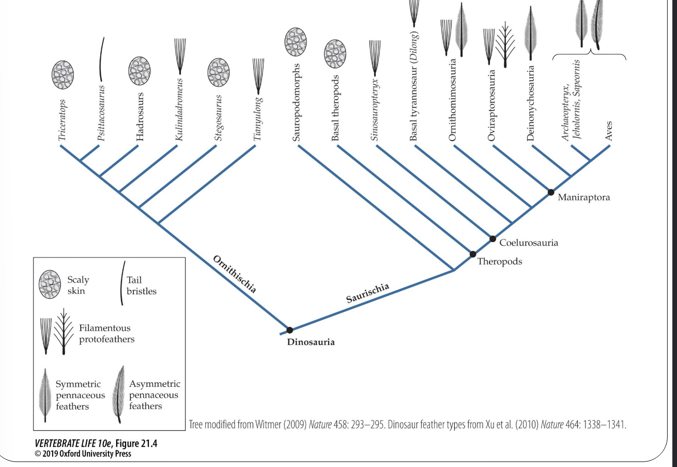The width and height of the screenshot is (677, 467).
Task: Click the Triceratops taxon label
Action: (x=62, y=117)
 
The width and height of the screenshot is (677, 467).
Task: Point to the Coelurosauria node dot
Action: (x=493, y=238)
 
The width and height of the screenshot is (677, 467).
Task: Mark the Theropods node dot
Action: (x=472, y=254)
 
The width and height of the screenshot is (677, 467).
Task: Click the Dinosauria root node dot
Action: (x=289, y=330)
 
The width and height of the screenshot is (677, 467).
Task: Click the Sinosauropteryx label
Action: (x=375, y=110)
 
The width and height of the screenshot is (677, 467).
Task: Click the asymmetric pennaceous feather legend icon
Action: (x=118, y=395)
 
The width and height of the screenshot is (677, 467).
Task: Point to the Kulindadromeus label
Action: (x=179, y=108)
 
